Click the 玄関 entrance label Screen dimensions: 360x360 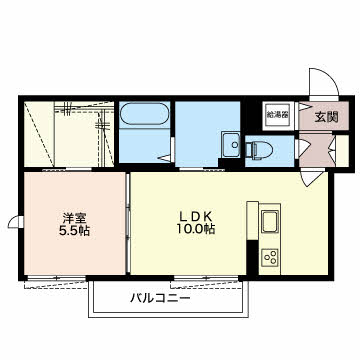[326, 117]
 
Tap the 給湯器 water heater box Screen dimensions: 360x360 [277, 116]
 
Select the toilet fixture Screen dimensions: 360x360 [259, 150]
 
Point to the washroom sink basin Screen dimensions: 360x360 [230, 144]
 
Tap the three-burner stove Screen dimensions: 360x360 [269, 257]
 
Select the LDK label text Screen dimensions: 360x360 [196, 217]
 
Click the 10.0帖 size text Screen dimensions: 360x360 [196, 229]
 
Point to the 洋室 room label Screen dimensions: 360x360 [74, 218]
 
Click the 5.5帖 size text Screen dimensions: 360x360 [74, 231]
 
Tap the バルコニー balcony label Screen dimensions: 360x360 [160, 297]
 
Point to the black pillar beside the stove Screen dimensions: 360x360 [252, 257]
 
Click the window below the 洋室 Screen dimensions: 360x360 [56, 278]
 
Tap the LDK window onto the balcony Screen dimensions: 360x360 [207, 278]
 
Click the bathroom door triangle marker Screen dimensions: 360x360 [164, 158]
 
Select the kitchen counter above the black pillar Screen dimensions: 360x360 [252, 220]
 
